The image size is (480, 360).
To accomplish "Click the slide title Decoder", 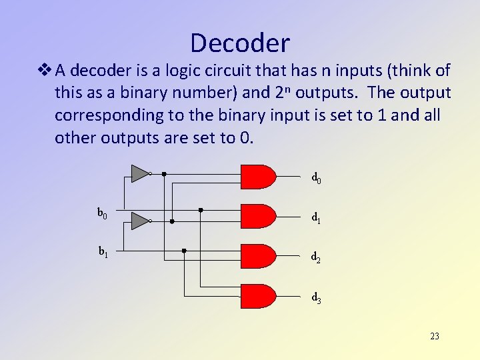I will [240, 43].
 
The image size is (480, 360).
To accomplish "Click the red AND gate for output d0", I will [257, 177].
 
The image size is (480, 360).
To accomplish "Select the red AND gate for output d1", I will [257, 216].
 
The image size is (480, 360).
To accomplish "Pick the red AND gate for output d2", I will [257, 256].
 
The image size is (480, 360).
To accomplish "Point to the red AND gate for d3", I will [257, 297].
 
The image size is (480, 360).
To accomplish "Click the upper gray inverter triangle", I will [139, 173].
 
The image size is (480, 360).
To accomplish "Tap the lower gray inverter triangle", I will [139, 221].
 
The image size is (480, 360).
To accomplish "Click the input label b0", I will [103, 213].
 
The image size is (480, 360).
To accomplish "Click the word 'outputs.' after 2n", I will [327, 93].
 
